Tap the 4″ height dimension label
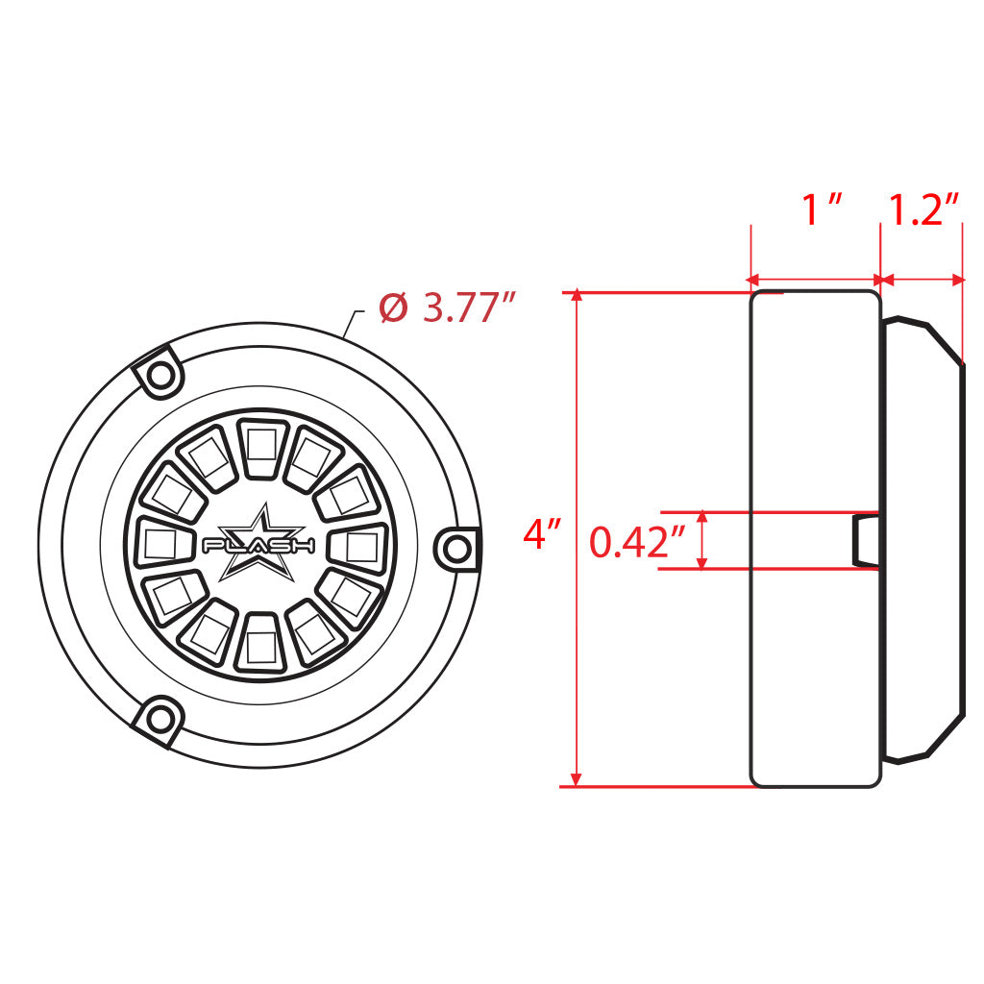[x=542, y=534]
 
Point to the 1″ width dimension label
[x=822, y=209]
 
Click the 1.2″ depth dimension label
[x=923, y=209]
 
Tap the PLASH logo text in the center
[x=259, y=545]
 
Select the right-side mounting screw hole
[x=457, y=548]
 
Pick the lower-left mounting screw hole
[x=160, y=719]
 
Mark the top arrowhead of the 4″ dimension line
[x=577, y=297]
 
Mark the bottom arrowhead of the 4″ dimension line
[x=577, y=779]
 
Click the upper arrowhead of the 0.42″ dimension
[x=704, y=518]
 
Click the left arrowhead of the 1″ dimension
[x=756, y=280]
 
